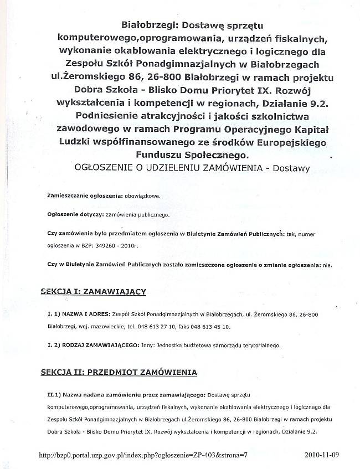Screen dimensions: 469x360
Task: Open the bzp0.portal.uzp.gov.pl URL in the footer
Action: tap(144, 455)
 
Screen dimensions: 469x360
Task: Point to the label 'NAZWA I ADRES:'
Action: tap(86, 315)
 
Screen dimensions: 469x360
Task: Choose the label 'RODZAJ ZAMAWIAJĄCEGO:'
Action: tap(101, 345)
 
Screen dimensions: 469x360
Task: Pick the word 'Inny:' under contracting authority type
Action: tap(148, 345)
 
